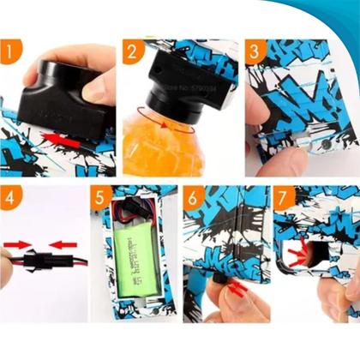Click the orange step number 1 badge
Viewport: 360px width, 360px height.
[x=12, y=53]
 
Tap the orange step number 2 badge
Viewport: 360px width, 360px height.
[x=131, y=53]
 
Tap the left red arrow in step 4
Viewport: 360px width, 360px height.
[x=20, y=243]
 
